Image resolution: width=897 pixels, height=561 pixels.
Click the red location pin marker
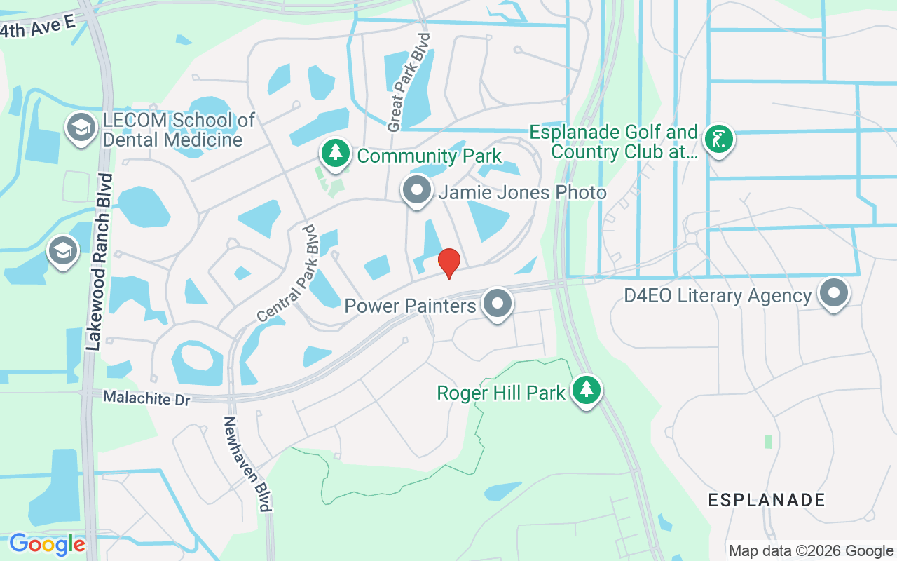[448, 263]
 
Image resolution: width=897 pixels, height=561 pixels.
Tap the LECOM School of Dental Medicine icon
[82, 128]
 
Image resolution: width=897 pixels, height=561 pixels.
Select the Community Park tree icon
[336, 153]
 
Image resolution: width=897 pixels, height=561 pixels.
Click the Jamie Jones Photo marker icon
[418, 190]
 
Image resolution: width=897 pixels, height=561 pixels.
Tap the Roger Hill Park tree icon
[586, 391]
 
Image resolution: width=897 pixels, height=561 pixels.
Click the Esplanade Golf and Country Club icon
[718, 139]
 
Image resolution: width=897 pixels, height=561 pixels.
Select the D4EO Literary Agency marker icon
[834, 294]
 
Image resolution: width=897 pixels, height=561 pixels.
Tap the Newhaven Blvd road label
[245, 464]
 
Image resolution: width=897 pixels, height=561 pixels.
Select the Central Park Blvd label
[288, 274]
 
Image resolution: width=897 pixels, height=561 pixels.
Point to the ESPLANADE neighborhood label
[767, 500]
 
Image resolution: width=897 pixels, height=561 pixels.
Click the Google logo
[47, 544]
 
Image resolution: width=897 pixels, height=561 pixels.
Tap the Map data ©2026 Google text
[811, 551]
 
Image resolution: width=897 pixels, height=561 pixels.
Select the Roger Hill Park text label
[501, 393]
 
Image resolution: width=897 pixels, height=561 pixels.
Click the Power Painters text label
[410, 306]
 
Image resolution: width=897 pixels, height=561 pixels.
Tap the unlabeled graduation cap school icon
[62, 251]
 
